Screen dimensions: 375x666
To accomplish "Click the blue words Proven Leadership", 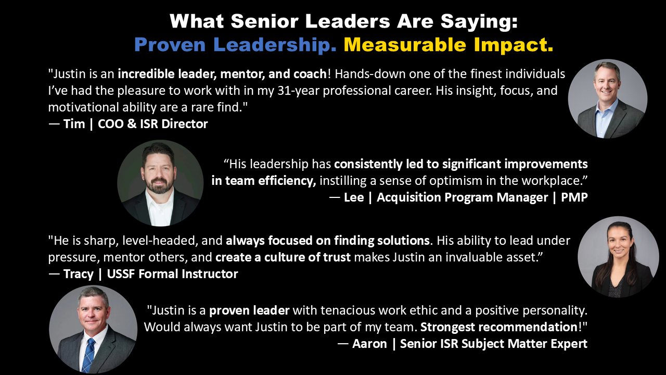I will click(235, 45).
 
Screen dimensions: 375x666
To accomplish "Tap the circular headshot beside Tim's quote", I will click(607, 98).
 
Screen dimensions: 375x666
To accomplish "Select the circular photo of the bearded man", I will click(160, 183).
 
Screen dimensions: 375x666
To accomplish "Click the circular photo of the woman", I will click(618, 257).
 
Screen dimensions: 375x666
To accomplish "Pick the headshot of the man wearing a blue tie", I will click(93, 329).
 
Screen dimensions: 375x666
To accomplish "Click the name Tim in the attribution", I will click(74, 124).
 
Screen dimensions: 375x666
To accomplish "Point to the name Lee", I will click(354, 197).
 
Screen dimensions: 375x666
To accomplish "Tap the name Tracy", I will click(78, 274).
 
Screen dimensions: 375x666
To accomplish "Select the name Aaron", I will click(369, 344).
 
